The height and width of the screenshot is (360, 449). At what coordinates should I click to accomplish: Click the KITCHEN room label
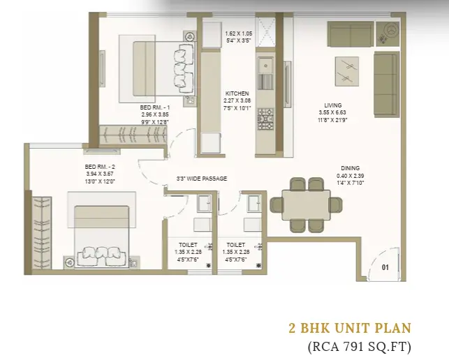click(237, 93)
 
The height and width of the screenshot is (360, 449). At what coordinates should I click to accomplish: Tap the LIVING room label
click(333, 105)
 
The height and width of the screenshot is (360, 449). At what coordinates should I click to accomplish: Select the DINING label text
click(351, 168)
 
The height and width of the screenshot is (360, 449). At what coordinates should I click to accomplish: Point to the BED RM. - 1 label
click(155, 107)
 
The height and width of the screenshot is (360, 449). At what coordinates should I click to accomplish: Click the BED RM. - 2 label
click(100, 167)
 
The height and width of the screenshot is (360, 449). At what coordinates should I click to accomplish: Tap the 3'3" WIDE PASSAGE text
click(202, 179)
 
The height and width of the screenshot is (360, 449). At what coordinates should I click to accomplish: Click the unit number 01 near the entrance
click(385, 267)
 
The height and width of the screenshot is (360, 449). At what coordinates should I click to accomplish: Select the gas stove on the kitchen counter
click(265, 119)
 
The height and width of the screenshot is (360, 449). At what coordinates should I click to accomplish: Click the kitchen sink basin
click(266, 66)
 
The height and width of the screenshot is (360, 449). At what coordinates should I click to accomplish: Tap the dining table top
click(306, 205)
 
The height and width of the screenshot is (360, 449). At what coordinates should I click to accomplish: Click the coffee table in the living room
click(347, 71)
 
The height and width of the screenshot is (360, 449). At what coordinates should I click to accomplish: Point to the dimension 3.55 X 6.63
click(333, 113)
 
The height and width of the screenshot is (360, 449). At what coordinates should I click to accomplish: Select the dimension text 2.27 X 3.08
click(237, 100)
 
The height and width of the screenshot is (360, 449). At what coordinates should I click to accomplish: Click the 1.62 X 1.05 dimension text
click(239, 33)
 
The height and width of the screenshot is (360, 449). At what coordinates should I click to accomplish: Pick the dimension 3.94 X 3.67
click(100, 174)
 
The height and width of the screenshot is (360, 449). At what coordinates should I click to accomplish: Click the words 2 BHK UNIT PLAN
click(350, 328)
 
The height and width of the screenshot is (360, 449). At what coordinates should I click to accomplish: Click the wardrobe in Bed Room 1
click(133, 135)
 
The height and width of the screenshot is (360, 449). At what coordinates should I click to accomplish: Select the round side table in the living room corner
click(388, 33)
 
